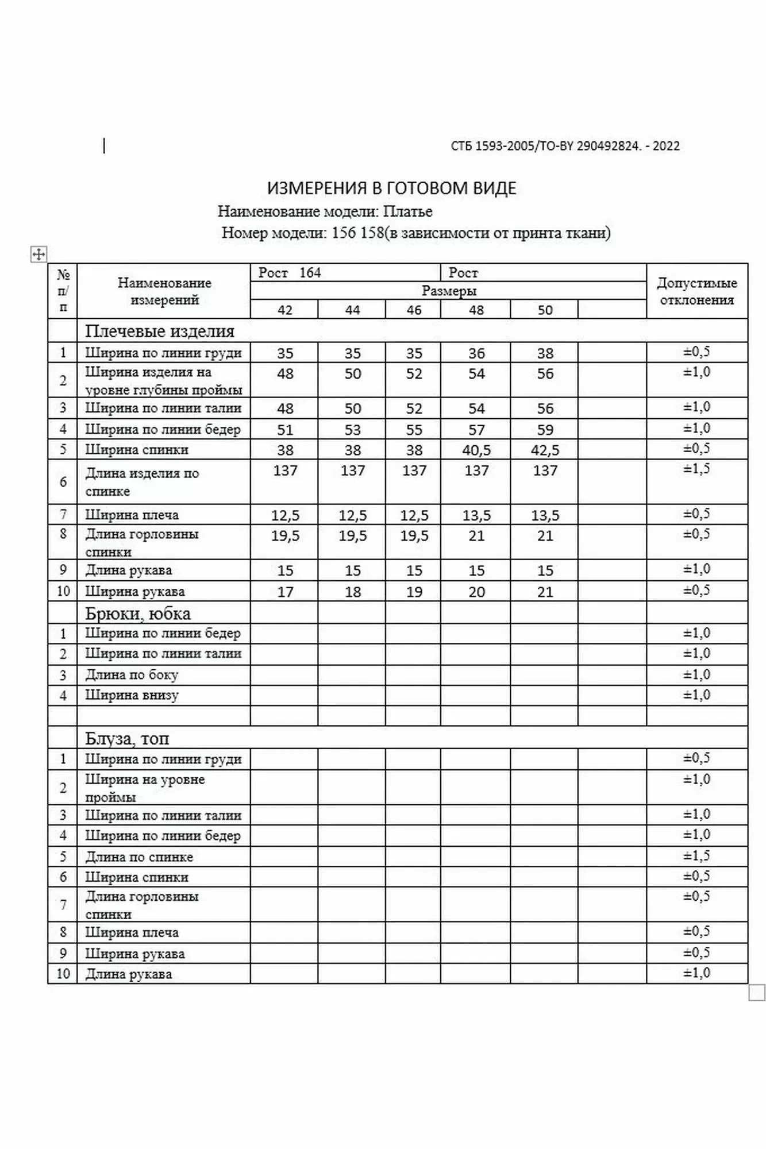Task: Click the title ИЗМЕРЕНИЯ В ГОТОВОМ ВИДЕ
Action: pos(391,188)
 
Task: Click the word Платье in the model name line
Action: pos(407,211)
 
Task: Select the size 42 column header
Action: pos(285,310)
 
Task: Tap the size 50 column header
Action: pos(545,310)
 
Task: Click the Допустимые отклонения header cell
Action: pos(696,291)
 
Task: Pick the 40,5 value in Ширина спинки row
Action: pos(476,450)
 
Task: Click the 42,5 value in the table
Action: pos(545,450)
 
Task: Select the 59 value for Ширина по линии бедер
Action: pos(545,430)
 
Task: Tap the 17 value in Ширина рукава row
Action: pos(285,592)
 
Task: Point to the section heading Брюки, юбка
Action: pos(138,614)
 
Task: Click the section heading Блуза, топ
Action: pos(127,738)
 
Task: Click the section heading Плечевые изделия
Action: pos(160,331)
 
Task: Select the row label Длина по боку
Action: pos(132,674)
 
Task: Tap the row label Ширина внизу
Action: pos(132,695)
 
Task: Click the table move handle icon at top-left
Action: pos(39,254)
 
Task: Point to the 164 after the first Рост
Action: pos(310,273)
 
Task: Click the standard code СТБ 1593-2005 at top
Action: pos(493,146)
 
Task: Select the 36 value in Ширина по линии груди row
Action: pos(476,353)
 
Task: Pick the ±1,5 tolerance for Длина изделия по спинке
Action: pos(696,469)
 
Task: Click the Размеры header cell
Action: pos(449,291)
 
